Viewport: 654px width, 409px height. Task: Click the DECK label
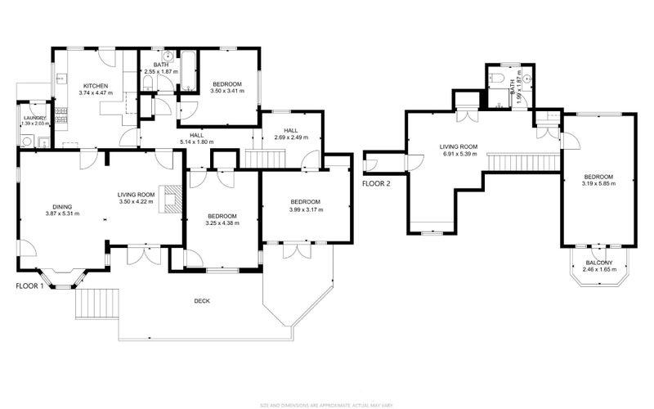pos(202,301)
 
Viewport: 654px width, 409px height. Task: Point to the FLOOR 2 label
pos(377,183)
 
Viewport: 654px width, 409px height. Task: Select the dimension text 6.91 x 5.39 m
pos(458,154)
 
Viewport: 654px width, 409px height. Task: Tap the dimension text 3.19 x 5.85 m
pos(598,184)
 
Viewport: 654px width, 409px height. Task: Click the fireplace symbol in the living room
pos(169,198)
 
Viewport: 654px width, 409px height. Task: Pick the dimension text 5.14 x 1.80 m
pos(196,142)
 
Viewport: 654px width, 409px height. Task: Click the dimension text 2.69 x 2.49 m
pos(291,137)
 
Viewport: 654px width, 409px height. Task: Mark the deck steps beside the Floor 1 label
pos(97,304)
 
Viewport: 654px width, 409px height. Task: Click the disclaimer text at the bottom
pos(326,404)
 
